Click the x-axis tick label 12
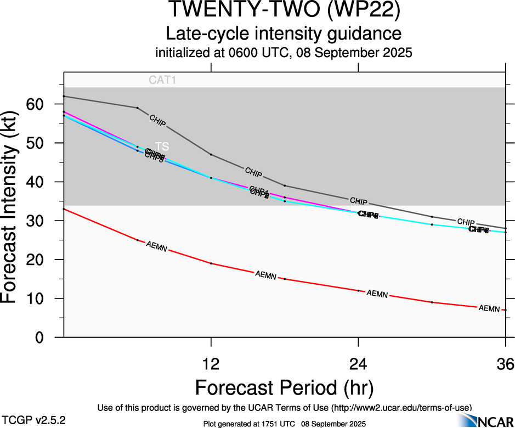[211, 364]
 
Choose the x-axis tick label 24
[358, 364]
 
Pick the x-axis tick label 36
[505, 364]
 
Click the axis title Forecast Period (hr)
[284, 388]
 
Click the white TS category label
[162, 147]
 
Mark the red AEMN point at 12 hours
[211, 263]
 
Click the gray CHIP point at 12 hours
[211, 154]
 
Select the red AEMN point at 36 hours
[505, 310]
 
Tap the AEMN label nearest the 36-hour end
[489, 308]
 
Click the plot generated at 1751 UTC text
[284, 424]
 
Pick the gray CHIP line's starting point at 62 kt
[64, 96]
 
